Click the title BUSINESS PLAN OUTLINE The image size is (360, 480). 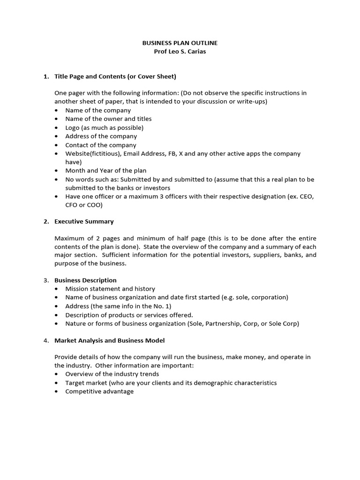[x=180, y=43]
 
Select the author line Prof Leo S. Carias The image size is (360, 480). [x=180, y=52]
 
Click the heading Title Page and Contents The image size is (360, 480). [x=115, y=76]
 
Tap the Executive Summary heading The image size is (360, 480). [x=84, y=221]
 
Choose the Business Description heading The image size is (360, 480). [x=85, y=280]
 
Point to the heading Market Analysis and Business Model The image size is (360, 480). [x=109, y=340]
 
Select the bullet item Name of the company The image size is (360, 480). [x=98, y=110]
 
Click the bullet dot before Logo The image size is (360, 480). [x=57, y=127]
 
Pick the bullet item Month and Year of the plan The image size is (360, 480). [x=105, y=171]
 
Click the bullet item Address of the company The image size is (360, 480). [x=101, y=136]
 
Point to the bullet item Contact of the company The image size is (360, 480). [x=100, y=145]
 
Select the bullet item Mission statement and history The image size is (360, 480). [x=110, y=289]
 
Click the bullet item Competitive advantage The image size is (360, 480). [x=99, y=391]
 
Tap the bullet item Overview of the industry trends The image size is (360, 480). [x=112, y=374]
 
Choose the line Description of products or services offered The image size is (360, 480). [x=129, y=315]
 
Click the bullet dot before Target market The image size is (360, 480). [x=57, y=383]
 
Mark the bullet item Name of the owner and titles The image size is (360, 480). [x=108, y=119]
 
